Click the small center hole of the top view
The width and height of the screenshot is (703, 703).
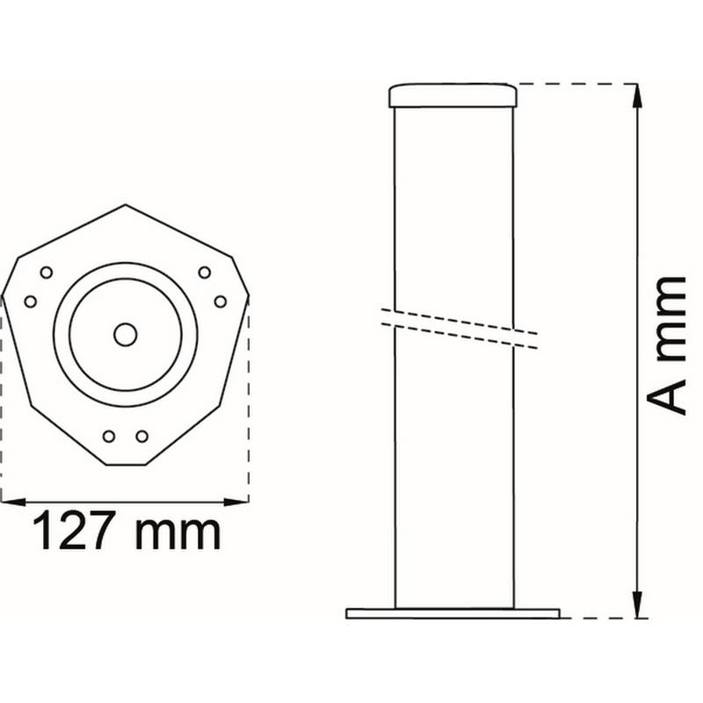(126, 334)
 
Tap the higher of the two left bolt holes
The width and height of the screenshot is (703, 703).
(47, 272)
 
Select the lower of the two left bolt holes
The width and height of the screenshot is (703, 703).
(31, 301)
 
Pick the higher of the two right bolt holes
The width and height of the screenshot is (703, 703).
(205, 272)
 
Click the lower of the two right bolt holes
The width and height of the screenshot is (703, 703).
(221, 301)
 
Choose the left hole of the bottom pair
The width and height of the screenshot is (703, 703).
(109, 436)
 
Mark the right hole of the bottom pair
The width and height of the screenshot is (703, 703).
(141, 436)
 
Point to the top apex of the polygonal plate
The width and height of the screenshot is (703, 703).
(126, 206)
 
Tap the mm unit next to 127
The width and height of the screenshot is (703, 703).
(179, 532)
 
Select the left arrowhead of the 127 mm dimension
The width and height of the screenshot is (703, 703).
(9, 502)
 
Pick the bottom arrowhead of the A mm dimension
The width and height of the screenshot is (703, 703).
(636, 608)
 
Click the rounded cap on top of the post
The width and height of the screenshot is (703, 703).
(453, 95)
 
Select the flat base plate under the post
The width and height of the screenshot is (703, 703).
(453, 612)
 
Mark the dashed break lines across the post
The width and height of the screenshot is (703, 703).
(457, 327)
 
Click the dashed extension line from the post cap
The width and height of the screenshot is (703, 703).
(571, 84)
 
